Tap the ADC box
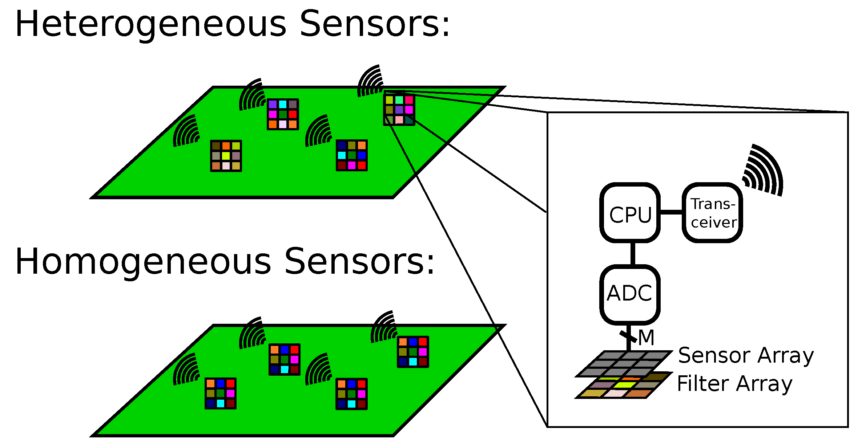click(x=630, y=294)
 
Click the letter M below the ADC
click(x=646, y=338)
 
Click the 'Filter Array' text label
click(x=734, y=384)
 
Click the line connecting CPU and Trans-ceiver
click(x=671, y=212)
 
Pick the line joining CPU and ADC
click(x=633, y=254)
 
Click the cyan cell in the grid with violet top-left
click(x=283, y=105)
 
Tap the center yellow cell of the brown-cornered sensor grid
click(x=226, y=156)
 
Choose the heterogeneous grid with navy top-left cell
click(x=351, y=155)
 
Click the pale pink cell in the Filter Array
click(x=615, y=393)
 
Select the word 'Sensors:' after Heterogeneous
click(x=375, y=25)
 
